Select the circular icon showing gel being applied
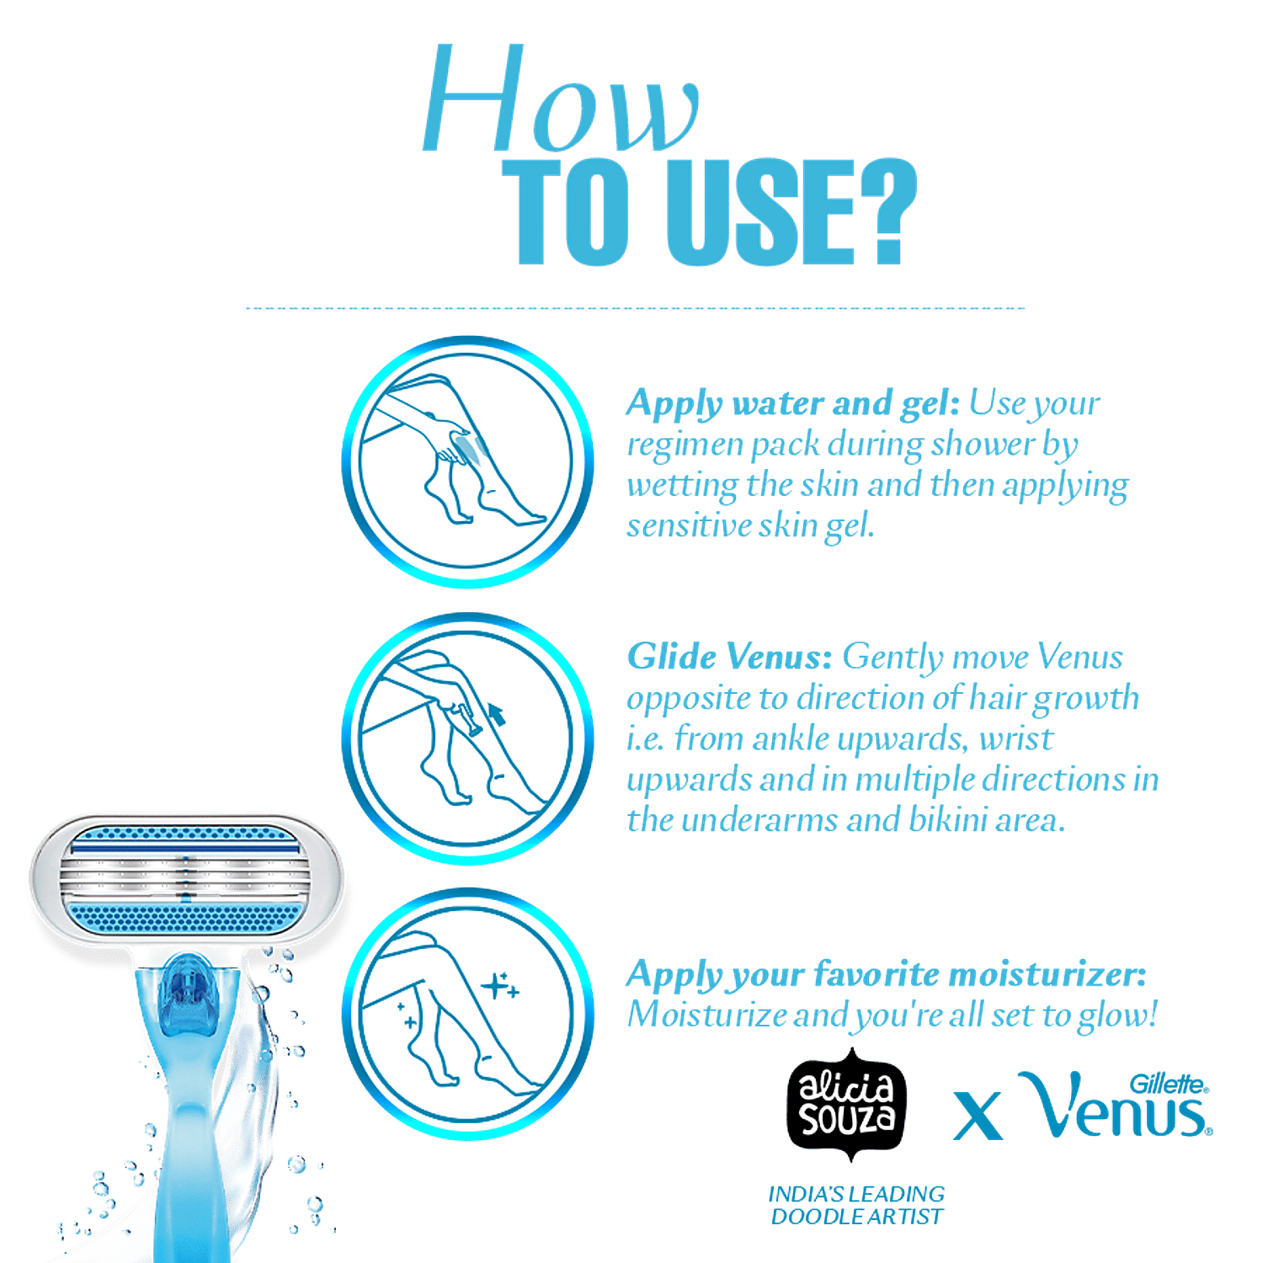click(467, 461)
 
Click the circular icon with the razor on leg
click(467, 738)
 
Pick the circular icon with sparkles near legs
click(467, 1014)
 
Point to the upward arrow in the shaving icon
click(498, 715)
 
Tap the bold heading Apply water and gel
click(791, 404)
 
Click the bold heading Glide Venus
click(729, 657)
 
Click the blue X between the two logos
click(978, 1116)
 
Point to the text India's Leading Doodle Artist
click(857, 1205)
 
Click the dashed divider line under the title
click(636, 308)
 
